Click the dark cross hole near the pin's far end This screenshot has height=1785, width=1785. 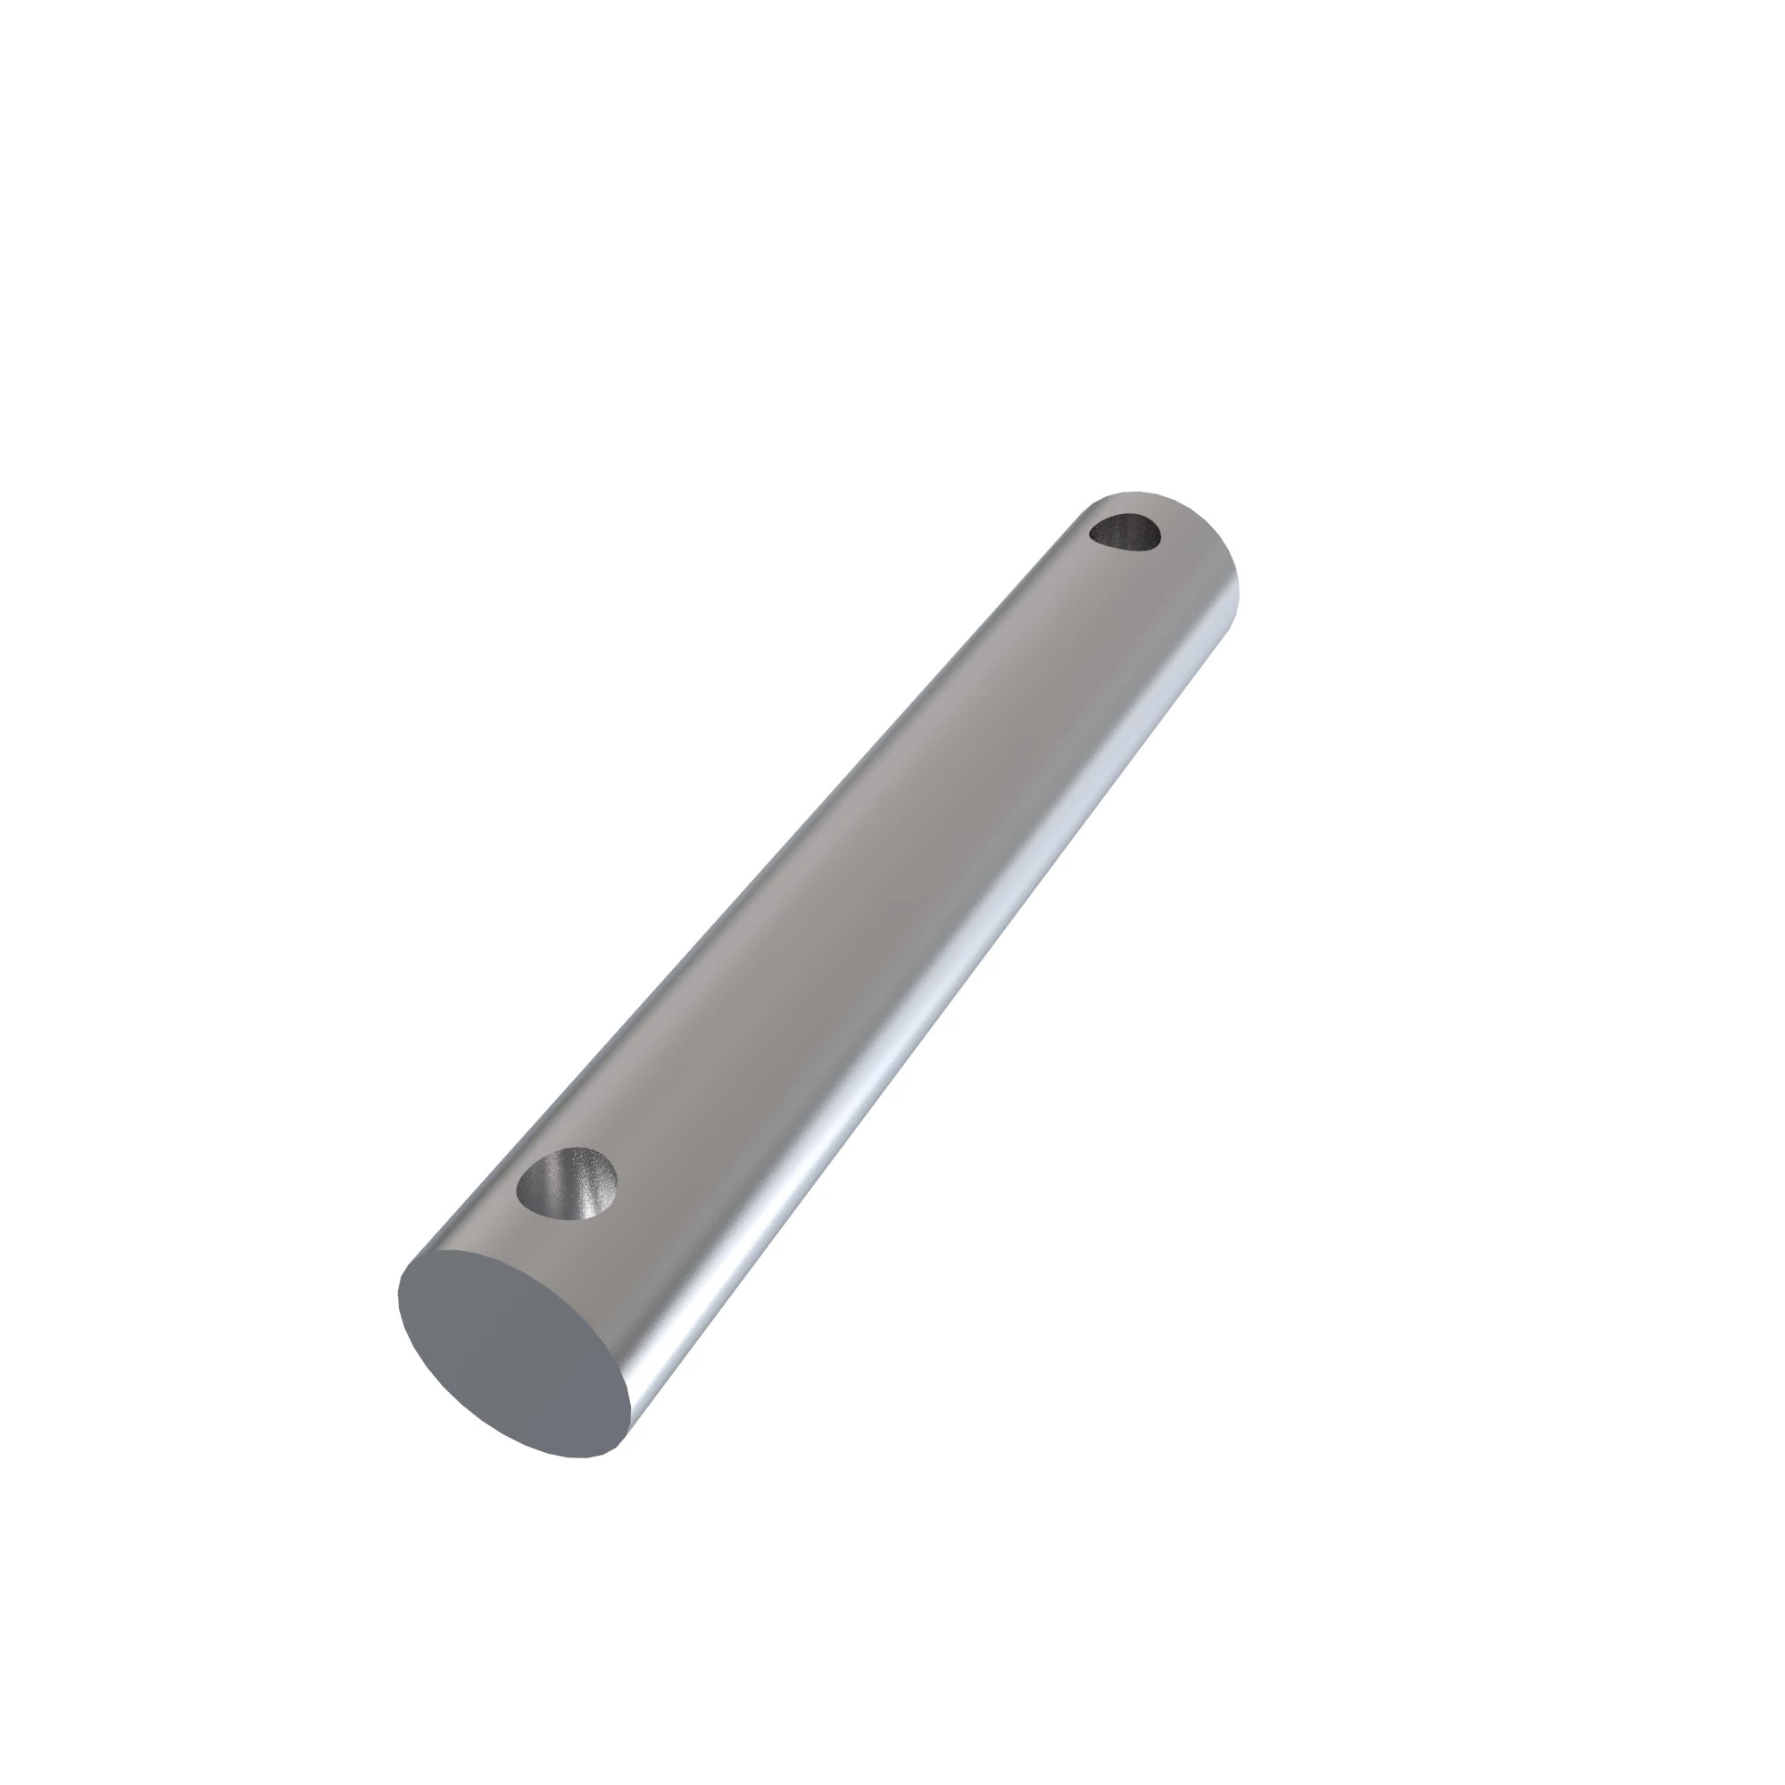pyautogui.click(x=1124, y=534)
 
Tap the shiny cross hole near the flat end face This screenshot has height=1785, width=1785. pyautogui.click(x=567, y=1185)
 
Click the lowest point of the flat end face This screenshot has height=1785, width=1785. pyautogui.click(x=577, y=1458)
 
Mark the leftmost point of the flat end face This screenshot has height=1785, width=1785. pyautogui.click(x=400, y=1293)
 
